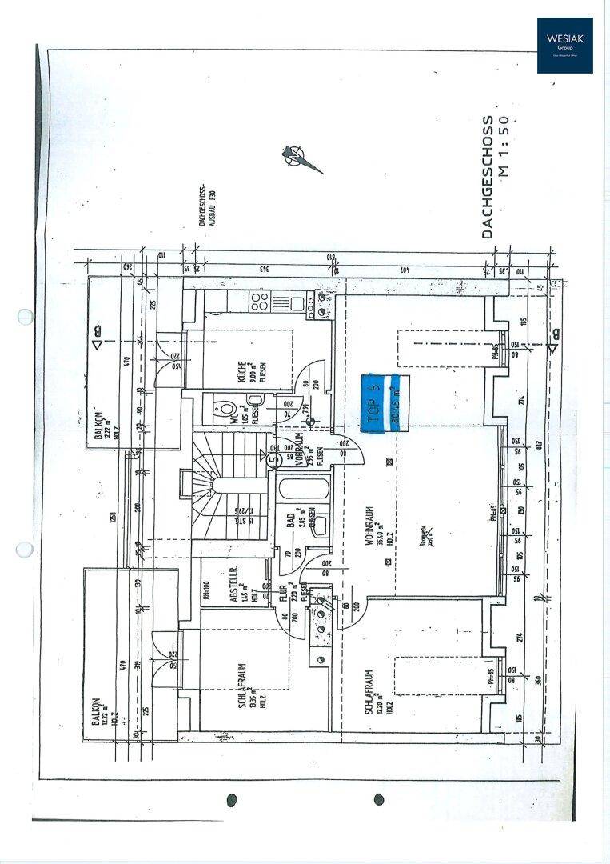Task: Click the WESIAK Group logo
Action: point(564,46)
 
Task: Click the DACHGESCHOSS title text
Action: point(487,177)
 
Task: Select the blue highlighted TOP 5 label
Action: point(381,404)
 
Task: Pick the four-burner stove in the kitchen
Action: point(259,302)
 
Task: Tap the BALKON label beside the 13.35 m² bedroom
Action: point(98,713)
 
